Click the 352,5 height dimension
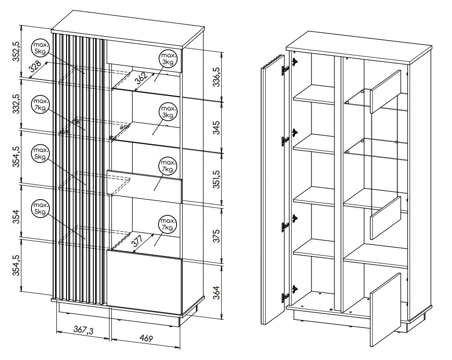coord(16,51)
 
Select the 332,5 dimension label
coord(16,104)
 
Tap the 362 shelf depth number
coord(141,79)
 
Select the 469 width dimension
coord(146,339)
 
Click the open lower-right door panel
coord(385,310)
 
